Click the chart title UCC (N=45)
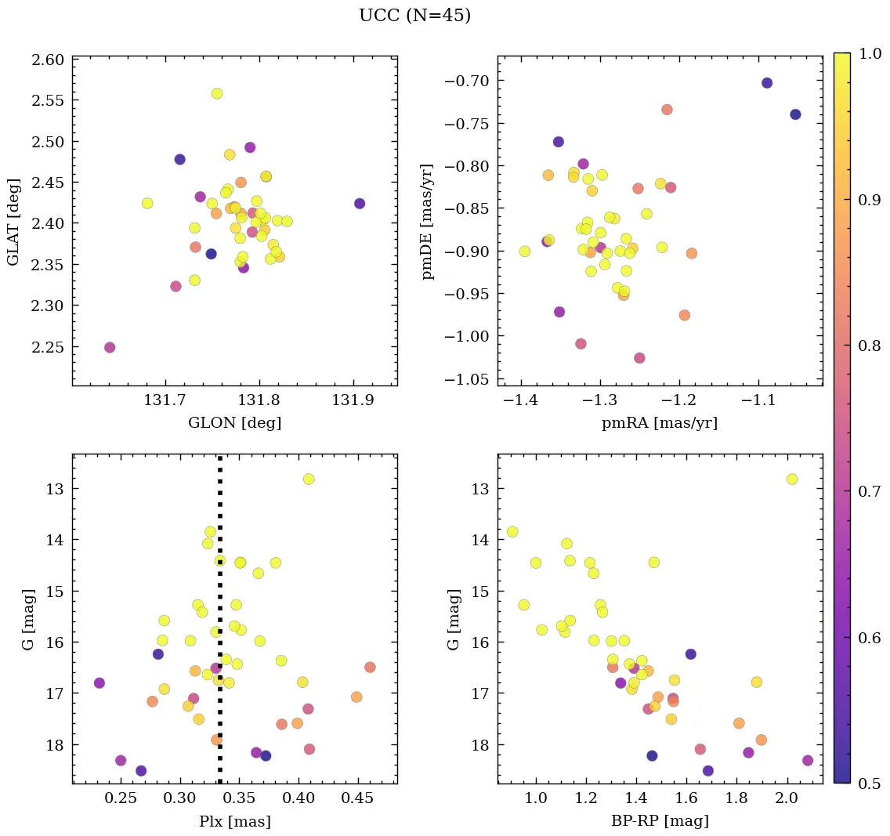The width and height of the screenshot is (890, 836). pyautogui.click(x=414, y=16)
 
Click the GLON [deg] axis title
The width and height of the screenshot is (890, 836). pyautogui.click(x=234, y=423)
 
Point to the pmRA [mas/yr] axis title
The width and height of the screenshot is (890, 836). pyautogui.click(x=660, y=423)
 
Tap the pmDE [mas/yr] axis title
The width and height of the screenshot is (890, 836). pyautogui.click(x=427, y=221)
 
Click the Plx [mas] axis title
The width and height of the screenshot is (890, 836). pyautogui.click(x=234, y=821)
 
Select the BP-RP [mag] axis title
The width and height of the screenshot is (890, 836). pyautogui.click(x=660, y=821)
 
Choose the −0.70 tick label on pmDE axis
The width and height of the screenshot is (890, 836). pyautogui.click(x=467, y=81)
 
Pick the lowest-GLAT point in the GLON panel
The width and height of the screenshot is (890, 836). pyautogui.click(x=110, y=347)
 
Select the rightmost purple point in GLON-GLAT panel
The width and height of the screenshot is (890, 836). pyautogui.click(x=360, y=204)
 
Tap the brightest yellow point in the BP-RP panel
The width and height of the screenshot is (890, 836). pyautogui.click(x=792, y=479)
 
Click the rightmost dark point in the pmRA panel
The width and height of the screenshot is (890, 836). pyautogui.click(x=796, y=114)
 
